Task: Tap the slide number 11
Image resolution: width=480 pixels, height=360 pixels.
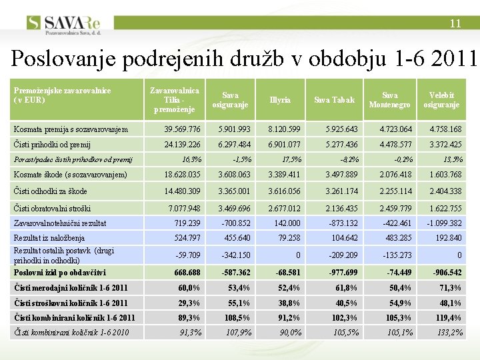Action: click(x=455, y=23)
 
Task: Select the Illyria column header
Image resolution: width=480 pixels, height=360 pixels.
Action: click(x=280, y=100)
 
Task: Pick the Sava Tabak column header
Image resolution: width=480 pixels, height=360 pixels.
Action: click(x=334, y=100)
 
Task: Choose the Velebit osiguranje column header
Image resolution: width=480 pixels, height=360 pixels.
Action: click(x=441, y=100)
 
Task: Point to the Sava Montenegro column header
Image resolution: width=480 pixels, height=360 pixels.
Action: click(x=389, y=100)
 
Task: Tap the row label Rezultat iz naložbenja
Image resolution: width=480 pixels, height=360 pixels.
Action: click(x=49, y=238)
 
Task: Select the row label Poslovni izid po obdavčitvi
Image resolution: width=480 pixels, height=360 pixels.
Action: click(x=60, y=272)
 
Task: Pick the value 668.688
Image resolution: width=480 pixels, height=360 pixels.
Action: click(x=187, y=273)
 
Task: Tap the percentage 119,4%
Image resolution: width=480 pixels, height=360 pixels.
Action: click(x=447, y=318)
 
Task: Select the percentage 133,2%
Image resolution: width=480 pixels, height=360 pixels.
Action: click(x=447, y=333)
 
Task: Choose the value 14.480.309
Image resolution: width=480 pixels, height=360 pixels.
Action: click(x=182, y=191)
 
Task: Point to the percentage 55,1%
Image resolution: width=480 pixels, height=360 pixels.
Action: click(x=239, y=303)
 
